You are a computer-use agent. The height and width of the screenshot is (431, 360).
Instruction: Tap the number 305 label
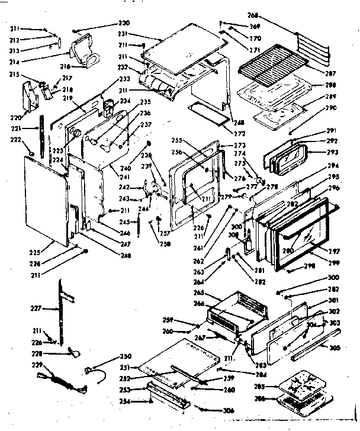click(x=336, y=349)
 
